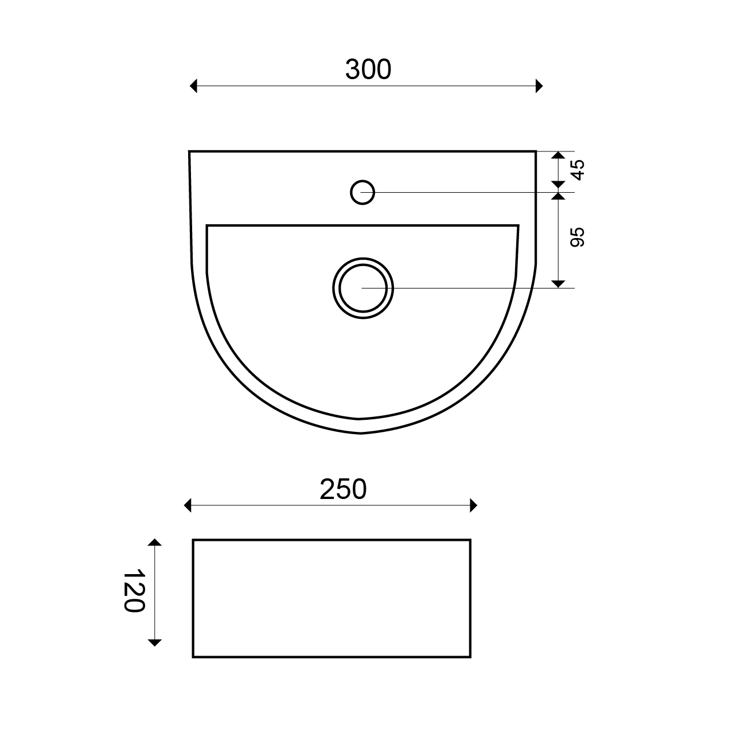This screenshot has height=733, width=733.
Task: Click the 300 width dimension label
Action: coord(368,69)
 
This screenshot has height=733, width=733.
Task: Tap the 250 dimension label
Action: coord(343,489)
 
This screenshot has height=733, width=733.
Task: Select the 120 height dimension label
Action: coord(133,591)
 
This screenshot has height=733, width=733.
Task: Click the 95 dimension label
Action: coord(577,237)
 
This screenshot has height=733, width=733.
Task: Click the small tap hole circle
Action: coord(362,192)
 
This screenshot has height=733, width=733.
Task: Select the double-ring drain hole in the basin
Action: coord(363,287)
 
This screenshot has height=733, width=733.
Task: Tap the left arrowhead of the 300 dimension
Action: coord(193,86)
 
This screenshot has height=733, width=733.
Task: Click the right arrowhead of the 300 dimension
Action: coord(539,86)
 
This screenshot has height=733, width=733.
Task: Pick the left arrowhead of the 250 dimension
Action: coord(188,505)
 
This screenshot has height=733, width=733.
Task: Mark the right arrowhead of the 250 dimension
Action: coord(473,505)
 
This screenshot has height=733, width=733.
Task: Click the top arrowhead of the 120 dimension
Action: coord(155,543)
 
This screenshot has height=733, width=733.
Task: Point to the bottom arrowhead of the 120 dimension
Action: coord(155,642)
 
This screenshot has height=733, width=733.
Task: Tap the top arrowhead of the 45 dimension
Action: coord(558,155)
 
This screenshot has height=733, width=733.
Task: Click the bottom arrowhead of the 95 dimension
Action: coord(558,283)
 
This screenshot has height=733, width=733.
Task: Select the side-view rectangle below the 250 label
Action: coord(332,598)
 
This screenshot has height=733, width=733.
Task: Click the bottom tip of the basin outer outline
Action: coord(361,433)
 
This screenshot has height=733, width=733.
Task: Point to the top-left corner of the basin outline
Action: coord(189,151)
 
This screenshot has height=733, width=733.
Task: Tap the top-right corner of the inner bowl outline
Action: coord(518,226)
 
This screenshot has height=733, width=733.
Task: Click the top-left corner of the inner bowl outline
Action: coord(206,225)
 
